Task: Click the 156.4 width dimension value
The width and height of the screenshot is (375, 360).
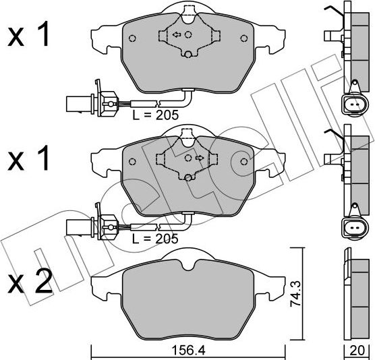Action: pyautogui.click(x=188, y=351)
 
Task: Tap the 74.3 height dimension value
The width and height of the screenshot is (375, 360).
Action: pyautogui.click(x=295, y=294)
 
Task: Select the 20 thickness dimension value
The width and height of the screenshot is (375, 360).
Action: pyautogui.click(x=357, y=351)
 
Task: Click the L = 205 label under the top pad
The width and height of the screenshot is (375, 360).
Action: pyautogui.click(x=155, y=115)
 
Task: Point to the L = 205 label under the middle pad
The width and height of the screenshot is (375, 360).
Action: pyautogui.click(x=155, y=239)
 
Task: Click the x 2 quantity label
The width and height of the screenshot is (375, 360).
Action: pyautogui.click(x=30, y=281)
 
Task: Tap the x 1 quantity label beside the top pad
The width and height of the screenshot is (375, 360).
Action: pyautogui.click(x=28, y=34)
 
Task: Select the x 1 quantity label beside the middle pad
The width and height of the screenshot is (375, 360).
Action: pyautogui.click(x=28, y=158)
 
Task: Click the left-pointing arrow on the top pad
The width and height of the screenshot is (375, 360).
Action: pyautogui.click(x=177, y=35)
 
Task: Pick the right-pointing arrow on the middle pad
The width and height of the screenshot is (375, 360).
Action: pyautogui.click(x=199, y=158)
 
